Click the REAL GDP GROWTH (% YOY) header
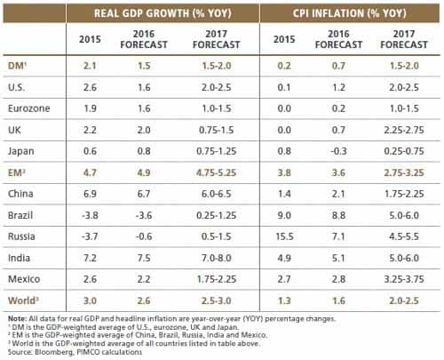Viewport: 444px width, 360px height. point(163,13)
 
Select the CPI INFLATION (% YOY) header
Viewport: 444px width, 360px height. point(350,13)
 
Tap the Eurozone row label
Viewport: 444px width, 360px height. point(29,108)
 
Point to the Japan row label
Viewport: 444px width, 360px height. point(21,151)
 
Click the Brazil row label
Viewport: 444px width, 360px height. point(20,215)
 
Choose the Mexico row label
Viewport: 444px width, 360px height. point(24,279)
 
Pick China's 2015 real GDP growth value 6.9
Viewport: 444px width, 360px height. point(90,194)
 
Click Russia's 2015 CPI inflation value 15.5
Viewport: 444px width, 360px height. point(284,236)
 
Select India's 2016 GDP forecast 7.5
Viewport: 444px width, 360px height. point(144,258)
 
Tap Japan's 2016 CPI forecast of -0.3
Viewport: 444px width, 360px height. point(338,151)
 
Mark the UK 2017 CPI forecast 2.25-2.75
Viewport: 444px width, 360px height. point(404,130)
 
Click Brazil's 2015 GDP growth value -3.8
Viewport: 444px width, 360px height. point(90,215)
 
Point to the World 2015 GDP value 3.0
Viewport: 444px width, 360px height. point(90,300)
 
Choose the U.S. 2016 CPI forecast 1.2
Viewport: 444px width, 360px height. point(338,87)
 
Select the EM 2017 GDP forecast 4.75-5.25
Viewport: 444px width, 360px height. point(217,172)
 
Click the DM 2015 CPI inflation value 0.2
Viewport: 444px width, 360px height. point(284,66)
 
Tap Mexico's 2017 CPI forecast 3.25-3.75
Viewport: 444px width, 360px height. point(404,279)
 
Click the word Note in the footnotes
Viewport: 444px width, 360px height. point(17,319)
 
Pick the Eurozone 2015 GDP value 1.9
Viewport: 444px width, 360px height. point(90,108)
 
